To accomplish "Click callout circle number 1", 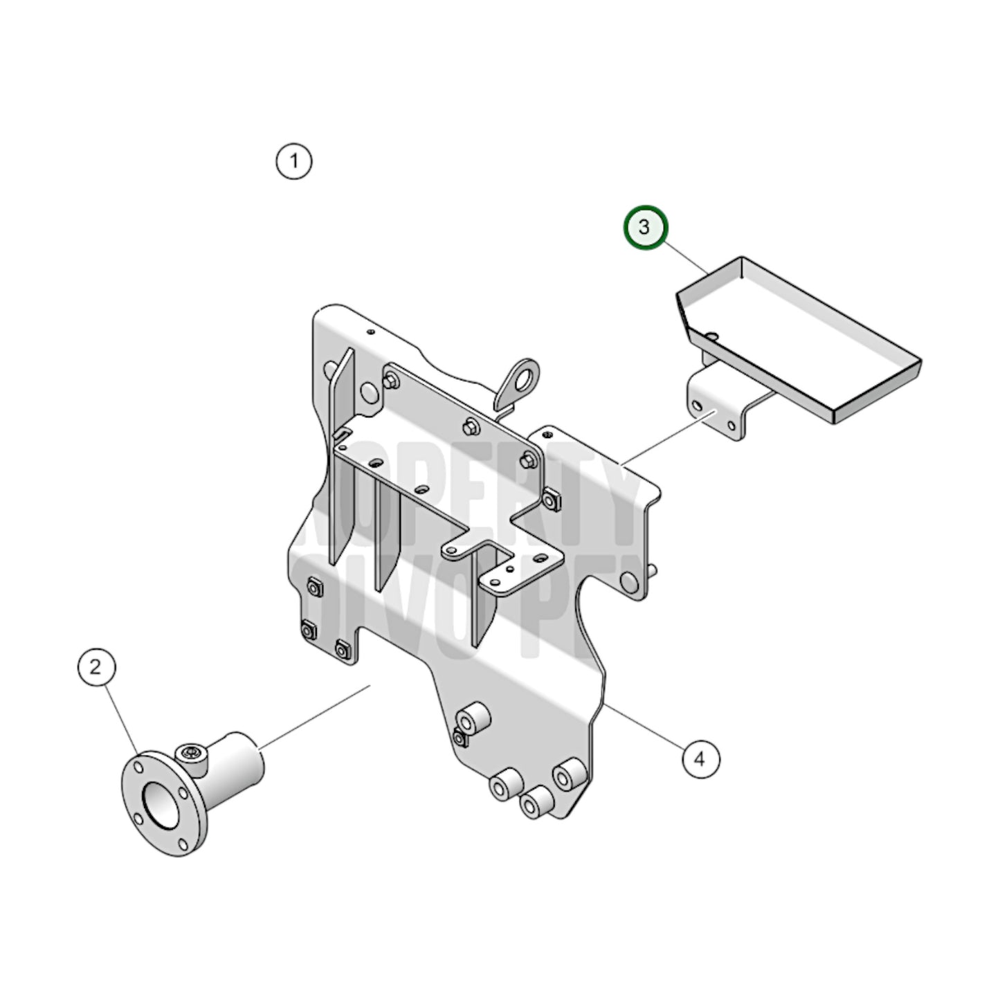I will pyautogui.click(x=294, y=162).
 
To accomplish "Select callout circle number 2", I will pyautogui.click(x=96, y=667).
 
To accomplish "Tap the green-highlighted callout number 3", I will pyautogui.click(x=644, y=227).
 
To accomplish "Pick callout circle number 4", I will pyautogui.click(x=700, y=759).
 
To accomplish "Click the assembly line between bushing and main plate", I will pyautogui.click(x=315, y=716).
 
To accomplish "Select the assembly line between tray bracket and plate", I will pyautogui.click(x=669, y=437).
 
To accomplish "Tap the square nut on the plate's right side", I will pyautogui.click(x=552, y=499).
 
